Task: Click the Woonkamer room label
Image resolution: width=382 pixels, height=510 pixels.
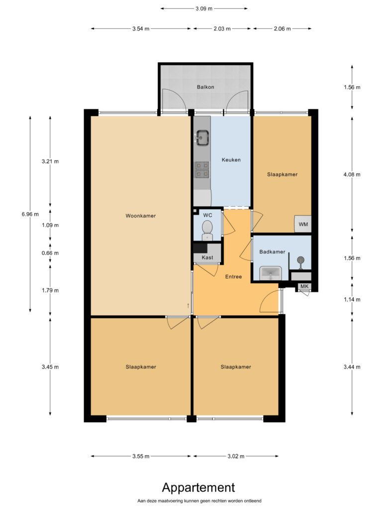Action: [141, 216]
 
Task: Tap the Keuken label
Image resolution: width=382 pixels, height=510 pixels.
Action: [231, 160]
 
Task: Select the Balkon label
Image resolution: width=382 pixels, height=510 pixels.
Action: [205, 87]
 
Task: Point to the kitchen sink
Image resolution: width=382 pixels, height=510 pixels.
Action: [202, 137]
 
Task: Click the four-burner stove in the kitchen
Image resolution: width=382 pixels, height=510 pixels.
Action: [202, 170]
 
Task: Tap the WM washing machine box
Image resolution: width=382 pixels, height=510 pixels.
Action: [303, 224]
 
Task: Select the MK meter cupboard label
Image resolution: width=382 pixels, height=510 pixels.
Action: [304, 286]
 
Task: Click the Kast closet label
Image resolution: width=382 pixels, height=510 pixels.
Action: [207, 257]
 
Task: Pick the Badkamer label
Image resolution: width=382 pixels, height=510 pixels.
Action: [272, 252]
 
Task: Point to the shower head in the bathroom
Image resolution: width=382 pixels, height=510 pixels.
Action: [301, 260]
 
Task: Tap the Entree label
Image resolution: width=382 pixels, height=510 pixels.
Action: [233, 276]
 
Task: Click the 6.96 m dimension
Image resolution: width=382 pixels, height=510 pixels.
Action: [30, 214]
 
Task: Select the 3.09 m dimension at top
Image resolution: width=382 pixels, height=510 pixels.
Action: [203, 8]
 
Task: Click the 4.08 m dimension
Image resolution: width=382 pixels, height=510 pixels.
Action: [352, 174]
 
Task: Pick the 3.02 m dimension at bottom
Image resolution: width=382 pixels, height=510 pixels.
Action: [235, 456]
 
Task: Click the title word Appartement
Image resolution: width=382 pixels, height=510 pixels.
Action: [198, 487]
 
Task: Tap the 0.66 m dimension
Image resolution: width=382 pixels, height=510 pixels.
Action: [50, 253]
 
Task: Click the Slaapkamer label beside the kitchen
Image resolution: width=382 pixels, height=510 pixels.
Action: [282, 174]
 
